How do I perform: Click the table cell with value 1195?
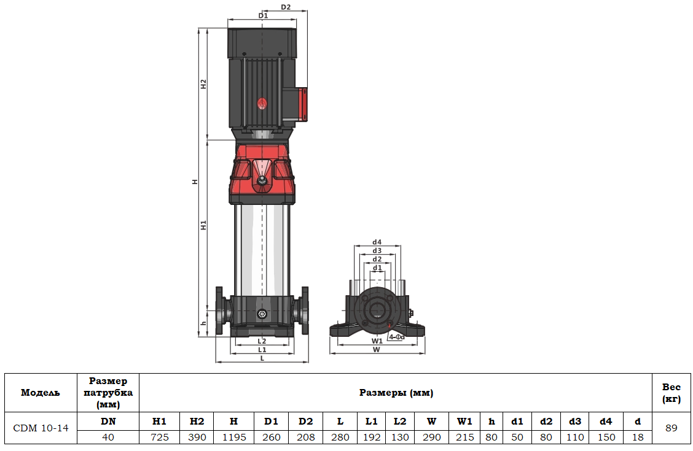pyautogui.click(x=233, y=438)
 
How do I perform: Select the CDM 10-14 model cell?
pyautogui.click(x=41, y=428)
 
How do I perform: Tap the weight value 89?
pyautogui.click(x=671, y=428)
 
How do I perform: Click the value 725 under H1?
pyautogui.click(x=159, y=438)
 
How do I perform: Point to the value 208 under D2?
pyautogui.click(x=305, y=438)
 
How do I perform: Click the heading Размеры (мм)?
pyautogui.click(x=396, y=393)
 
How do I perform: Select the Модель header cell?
pyautogui.click(x=41, y=393)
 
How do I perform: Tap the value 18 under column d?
pyautogui.click(x=638, y=438)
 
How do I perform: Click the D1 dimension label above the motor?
pyautogui.click(x=263, y=15)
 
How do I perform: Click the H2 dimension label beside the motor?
pyautogui.click(x=203, y=84)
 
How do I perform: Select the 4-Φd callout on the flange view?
pyautogui.click(x=396, y=337)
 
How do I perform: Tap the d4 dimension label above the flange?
pyautogui.click(x=377, y=242)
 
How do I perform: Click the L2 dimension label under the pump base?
pyautogui.click(x=262, y=341)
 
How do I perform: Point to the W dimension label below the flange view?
pyautogui.click(x=377, y=349)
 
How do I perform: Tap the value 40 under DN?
pyautogui.click(x=108, y=438)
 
